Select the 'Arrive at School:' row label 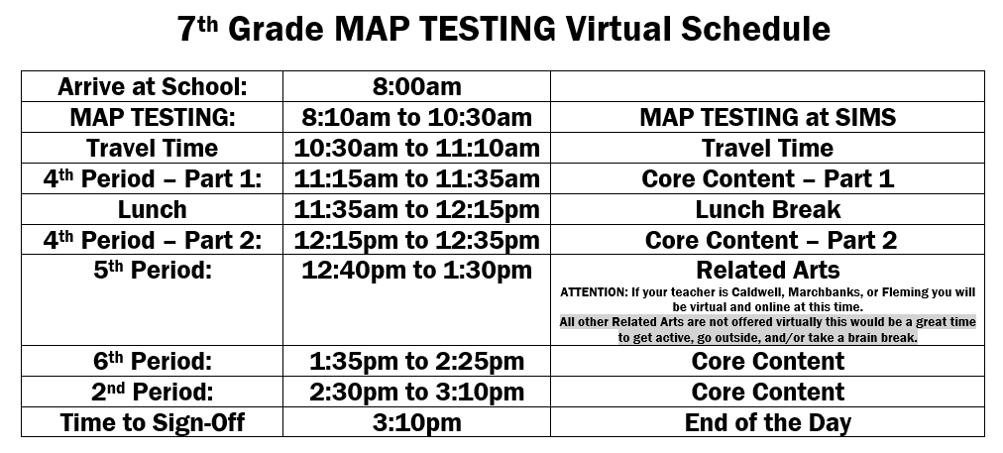pyautogui.click(x=153, y=86)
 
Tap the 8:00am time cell pyautogui.click(x=416, y=86)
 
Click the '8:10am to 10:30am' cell pyautogui.click(x=416, y=117)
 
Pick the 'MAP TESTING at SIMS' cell pyautogui.click(x=767, y=117)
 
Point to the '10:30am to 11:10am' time pyautogui.click(x=416, y=148)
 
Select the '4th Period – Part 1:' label pyautogui.click(x=153, y=178)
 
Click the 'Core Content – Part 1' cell pyautogui.click(x=767, y=178)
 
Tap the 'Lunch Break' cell pyautogui.click(x=767, y=209)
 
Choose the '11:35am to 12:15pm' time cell pyautogui.click(x=416, y=209)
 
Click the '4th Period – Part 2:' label pyautogui.click(x=153, y=240)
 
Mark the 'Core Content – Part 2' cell pyautogui.click(x=771, y=240)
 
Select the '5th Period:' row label pyautogui.click(x=153, y=270)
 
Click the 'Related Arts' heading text pyautogui.click(x=767, y=270)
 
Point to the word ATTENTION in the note pyautogui.click(x=595, y=292)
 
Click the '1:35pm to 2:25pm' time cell pyautogui.click(x=416, y=362)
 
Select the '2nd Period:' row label pyautogui.click(x=153, y=393)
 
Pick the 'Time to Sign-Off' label pyautogui.click(x=153, y=423)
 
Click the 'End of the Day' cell pyautogui.click(x=767, y=423)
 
